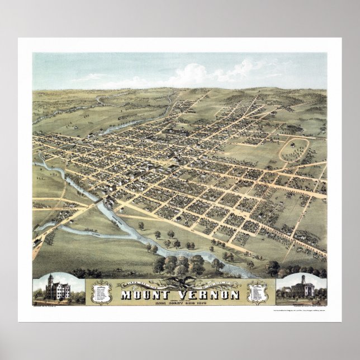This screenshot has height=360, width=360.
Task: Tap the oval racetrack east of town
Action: tap(294, 149)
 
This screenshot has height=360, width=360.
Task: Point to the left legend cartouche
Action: tap(102, 292)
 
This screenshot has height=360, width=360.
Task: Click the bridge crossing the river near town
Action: tap(100, 200)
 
